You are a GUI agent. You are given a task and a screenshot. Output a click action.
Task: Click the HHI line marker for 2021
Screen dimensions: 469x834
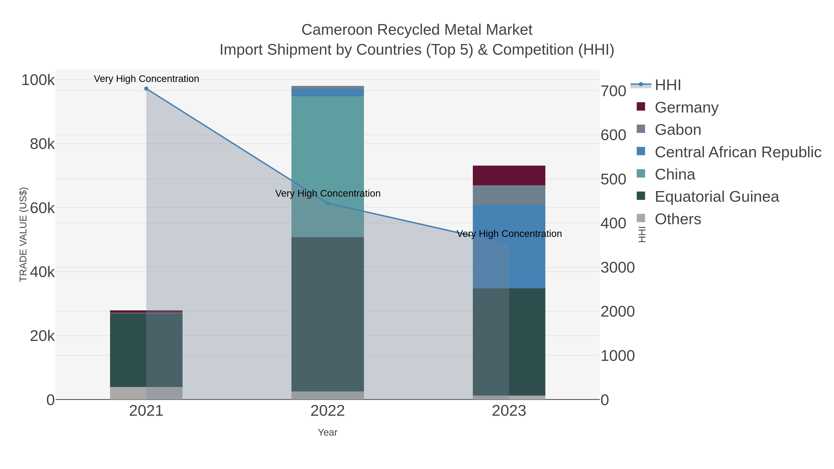[x=146, y=89]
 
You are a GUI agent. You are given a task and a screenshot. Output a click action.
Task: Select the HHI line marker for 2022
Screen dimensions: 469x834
[x=328, y=203]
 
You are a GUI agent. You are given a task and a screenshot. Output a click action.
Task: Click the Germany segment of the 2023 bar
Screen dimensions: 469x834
[x=509, y=175]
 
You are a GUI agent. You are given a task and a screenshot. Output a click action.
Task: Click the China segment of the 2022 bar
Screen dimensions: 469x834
[x=328, y=146]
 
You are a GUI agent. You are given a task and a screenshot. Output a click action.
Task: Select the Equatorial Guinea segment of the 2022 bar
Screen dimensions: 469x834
[x=328, y=314]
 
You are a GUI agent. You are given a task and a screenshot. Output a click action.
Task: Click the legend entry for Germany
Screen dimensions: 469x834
[x=686, y=107]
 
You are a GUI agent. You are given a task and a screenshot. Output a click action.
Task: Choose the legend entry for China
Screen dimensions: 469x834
[x=675, y=174]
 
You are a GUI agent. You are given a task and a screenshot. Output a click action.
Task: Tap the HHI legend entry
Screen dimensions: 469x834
[x=668, y=85]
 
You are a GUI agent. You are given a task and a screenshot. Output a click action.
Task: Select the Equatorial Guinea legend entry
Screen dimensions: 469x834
[x=717, y=197]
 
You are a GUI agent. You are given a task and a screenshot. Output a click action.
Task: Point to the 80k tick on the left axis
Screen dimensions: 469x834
[x=42, y=144]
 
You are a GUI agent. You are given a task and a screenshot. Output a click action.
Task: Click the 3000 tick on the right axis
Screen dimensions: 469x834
[x=617, y=268]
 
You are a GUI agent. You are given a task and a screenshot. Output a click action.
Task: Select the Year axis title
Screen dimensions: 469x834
[x=328, y=432]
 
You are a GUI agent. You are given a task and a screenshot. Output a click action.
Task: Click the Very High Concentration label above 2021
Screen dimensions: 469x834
[x=146, y=79]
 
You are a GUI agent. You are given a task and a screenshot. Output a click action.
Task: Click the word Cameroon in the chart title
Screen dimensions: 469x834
[x=337, y=30]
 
